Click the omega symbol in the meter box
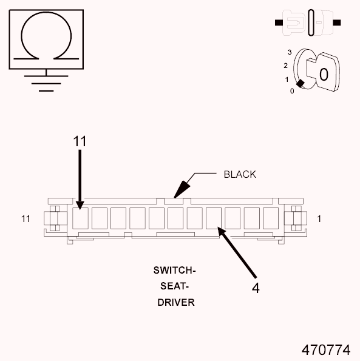coord(45,39)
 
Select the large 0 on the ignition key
coord(324,75)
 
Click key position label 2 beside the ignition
coord(285,65)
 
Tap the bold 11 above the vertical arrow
coord(80,141)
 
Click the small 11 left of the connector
coord(25,218)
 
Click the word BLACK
coord(240,174)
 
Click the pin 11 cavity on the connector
coord(80,217)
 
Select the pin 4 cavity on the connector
coord(214,217)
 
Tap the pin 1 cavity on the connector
coord(271,217)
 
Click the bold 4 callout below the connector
coord(256,288)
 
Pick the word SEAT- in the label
coord(176,285)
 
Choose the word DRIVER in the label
coord(176,302)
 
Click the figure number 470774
coord(326,349)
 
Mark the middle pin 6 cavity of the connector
coord(175,217)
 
